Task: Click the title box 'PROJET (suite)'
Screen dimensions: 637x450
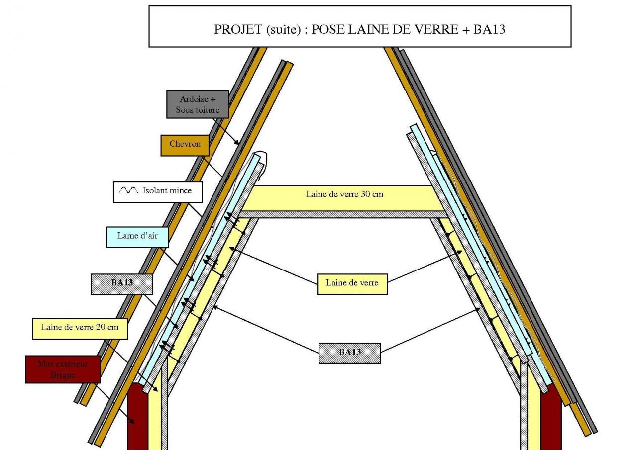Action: point(359,27)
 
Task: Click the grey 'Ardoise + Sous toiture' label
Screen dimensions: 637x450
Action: point(197,104)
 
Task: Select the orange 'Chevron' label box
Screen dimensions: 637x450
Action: point(185,145)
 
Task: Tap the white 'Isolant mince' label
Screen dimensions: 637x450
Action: point(158,191)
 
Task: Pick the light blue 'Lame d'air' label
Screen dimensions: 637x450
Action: point(137,236)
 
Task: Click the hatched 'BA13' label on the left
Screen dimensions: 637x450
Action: point(121,283)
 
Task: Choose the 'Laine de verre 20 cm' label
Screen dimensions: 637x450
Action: point(80,328)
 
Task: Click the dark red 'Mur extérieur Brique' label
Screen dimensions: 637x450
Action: point(63,369)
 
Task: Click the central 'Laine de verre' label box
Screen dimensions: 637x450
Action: point(352,283)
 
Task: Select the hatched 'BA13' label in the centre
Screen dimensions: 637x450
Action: point(349,353)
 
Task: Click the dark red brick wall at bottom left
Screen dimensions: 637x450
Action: point(137,418)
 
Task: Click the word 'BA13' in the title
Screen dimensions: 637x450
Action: point(489,30)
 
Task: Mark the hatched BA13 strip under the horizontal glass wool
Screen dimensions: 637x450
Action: point(343,214)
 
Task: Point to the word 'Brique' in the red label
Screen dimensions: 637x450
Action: point(63,375)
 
